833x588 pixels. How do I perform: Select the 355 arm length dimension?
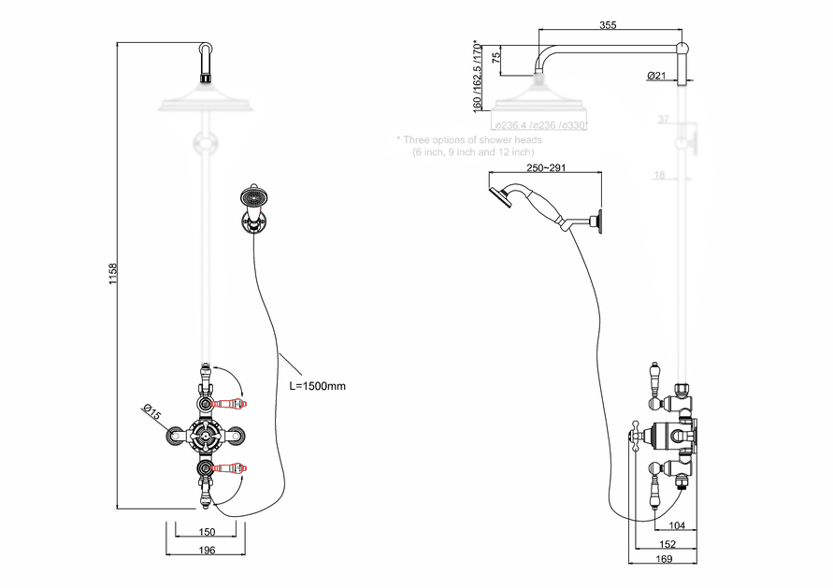coord(608,25)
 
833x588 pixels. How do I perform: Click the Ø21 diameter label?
coord(655,76)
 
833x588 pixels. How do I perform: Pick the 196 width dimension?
coord(208,550)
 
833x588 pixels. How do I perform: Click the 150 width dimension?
coord(208,532)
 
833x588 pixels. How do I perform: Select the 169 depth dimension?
coord(664,560)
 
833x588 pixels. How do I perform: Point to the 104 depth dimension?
coord(678,525)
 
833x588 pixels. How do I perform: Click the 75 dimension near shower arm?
coord(496,57)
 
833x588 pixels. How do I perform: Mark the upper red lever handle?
coord(230,403)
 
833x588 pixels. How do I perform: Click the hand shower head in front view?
coord(252,197)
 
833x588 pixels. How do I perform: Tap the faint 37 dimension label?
coord(664,120)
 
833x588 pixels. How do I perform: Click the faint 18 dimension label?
coord(659,175)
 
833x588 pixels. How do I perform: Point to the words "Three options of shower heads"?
coord(473,140)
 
